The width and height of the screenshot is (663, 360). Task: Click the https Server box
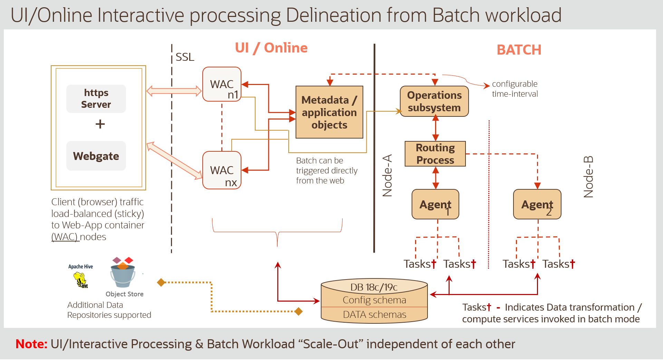point(96,99)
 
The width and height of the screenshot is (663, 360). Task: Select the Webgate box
point(96,156)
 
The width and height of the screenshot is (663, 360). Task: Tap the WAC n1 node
point(222,84)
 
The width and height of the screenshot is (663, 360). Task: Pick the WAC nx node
point(222,170)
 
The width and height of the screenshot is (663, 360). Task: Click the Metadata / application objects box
point(329,112)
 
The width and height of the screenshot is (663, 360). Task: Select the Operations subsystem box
point(434,101)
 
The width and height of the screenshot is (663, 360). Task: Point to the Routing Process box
point(435,154)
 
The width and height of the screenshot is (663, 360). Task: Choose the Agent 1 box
point(435,204)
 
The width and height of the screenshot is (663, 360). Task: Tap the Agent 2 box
point(537,204)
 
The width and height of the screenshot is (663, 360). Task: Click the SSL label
point(185,57)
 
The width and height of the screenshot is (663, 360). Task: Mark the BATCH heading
point(519,50)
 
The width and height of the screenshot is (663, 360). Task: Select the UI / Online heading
point(271,48)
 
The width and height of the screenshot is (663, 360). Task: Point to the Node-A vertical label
point(387,176)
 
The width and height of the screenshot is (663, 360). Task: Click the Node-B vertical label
point(588,177)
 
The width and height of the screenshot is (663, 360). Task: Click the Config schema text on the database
point(374,300)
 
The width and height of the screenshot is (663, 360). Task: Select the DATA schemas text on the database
point(374,314)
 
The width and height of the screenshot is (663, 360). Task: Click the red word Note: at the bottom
point(31,344)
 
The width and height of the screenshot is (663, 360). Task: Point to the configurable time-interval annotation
point(515,89)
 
